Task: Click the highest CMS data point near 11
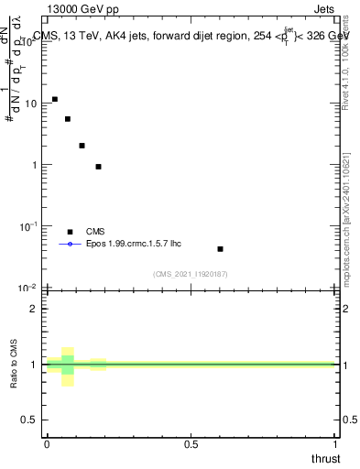coord(55,99)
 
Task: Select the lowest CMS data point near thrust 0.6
coord(220,248)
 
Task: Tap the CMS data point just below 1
coord(98,167)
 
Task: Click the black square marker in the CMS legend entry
coord(70,232)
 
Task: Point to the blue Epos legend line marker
coord(70,245)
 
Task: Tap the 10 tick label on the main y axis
coord(29,104)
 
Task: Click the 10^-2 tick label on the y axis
coord(27,288)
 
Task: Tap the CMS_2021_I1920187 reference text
coord(191,273)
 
